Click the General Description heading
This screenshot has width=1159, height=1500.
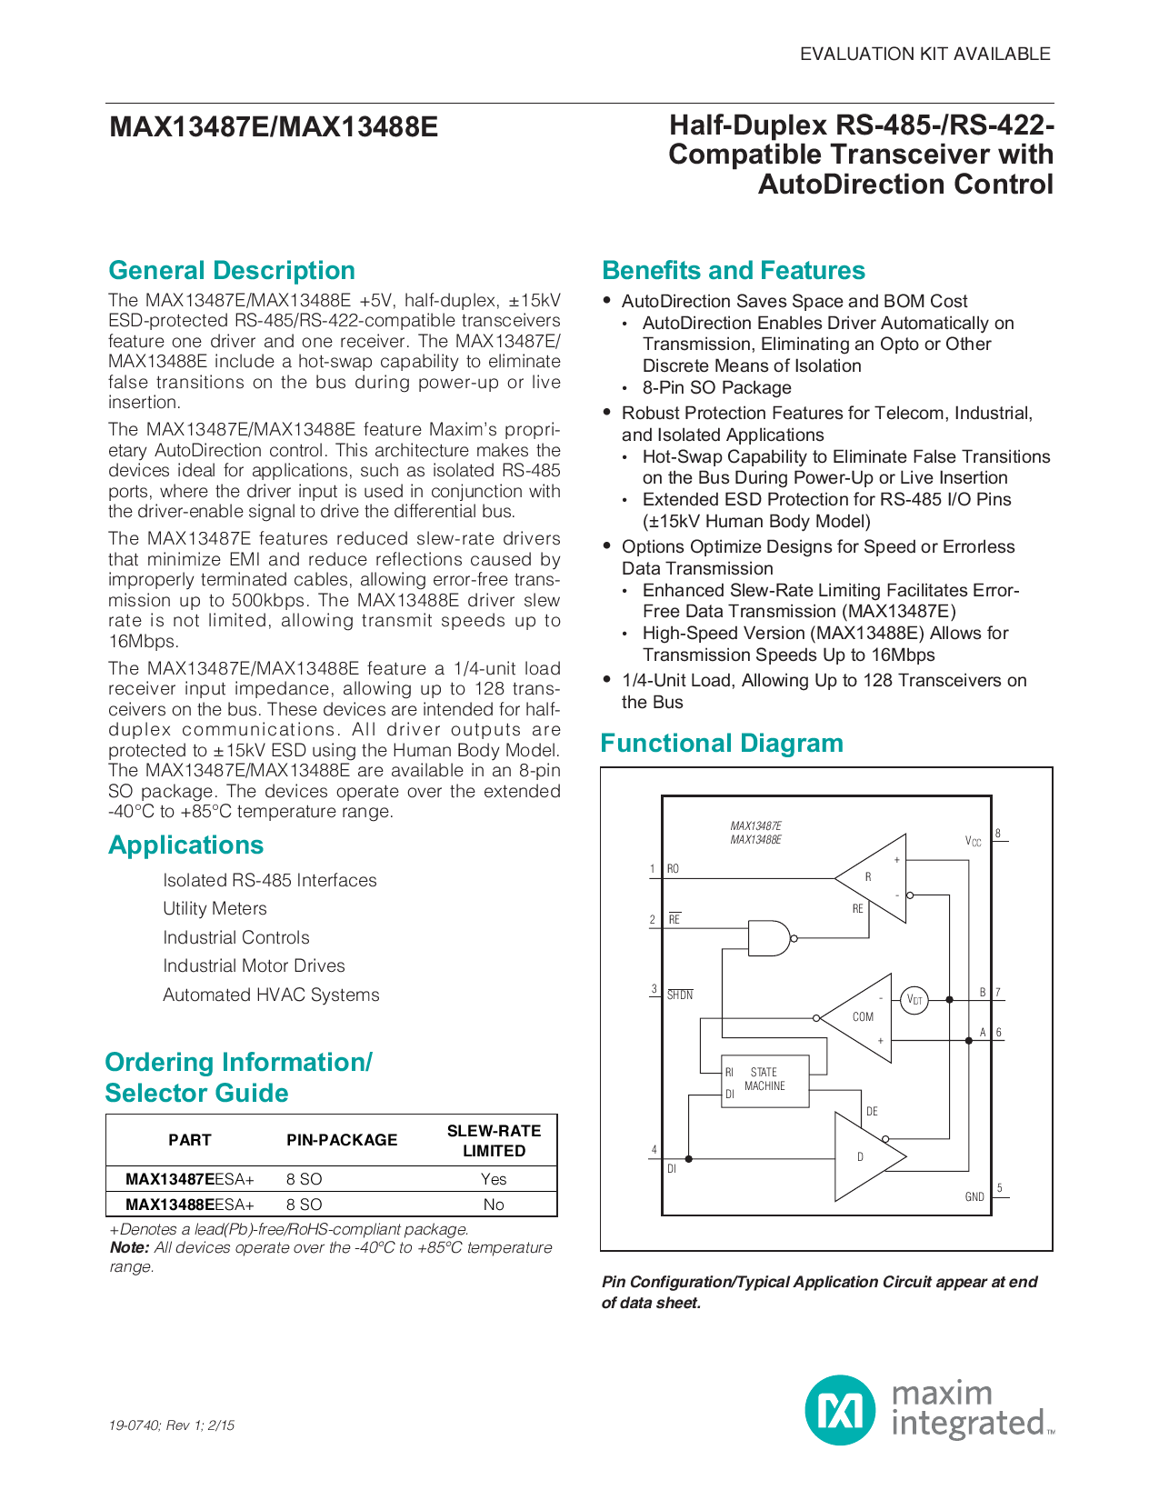point(232,271)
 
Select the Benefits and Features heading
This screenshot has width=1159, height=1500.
point(734,271)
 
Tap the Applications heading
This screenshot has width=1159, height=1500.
point(186,845)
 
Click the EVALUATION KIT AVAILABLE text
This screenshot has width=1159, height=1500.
point(924,55)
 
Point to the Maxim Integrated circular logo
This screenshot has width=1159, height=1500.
point(840,1410)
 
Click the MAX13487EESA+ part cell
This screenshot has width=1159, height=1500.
point(190,1179)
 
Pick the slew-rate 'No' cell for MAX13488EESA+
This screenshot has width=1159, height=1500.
point(494,1205)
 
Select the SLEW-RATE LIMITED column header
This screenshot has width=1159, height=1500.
point(494,1141)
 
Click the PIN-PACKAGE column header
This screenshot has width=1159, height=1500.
point(342,1140)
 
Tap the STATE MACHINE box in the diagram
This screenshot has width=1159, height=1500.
point(764,1081)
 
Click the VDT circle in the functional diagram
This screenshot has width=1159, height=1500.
point(914,1001)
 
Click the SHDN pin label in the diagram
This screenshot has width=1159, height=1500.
point(680,995)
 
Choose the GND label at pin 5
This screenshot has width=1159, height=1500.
point(974,1197)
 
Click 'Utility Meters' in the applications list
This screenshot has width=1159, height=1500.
point(215,909)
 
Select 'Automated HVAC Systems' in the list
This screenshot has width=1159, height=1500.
point(271,995)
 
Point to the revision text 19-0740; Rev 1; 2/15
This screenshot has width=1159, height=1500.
point(172,1425)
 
